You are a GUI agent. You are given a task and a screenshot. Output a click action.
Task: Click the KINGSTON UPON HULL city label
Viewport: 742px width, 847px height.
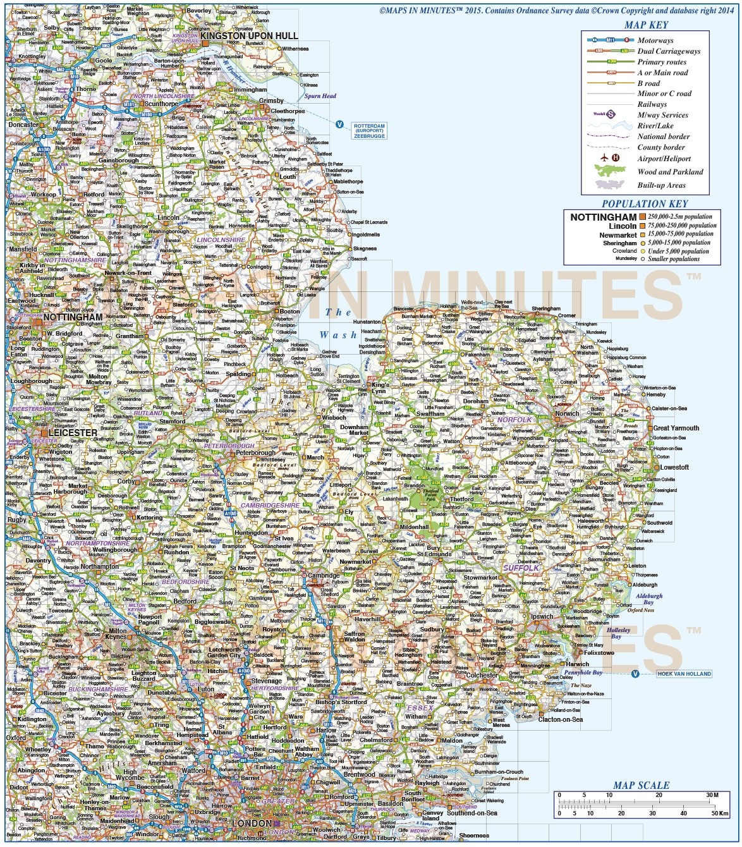click(x=249, y=36)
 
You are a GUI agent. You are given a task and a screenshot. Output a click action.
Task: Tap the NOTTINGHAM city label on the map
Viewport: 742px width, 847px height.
click(x=73, y=317)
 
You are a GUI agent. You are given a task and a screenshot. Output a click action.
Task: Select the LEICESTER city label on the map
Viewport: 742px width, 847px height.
click(x=75, y=433)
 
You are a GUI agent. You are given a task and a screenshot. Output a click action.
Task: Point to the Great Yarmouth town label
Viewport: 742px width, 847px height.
click(x=676, y=428)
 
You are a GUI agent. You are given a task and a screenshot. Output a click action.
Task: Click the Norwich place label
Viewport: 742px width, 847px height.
click(x=567, y=414)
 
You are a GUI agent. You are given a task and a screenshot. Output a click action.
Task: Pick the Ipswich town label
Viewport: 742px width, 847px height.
click(x=542, y=616)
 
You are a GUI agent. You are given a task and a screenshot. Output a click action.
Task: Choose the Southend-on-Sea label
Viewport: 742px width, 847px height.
click(x=472, y=813)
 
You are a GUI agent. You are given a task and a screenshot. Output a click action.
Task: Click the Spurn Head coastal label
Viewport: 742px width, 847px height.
click(x=320, y=96)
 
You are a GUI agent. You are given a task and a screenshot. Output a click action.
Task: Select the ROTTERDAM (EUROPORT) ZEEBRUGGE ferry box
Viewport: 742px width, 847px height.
click(x=369, y=131)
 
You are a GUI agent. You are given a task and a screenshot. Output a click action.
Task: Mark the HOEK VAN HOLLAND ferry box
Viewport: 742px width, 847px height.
click(x=684, y=674)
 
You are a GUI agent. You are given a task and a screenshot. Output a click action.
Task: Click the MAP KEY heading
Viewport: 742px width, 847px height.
click(x=646, y=25)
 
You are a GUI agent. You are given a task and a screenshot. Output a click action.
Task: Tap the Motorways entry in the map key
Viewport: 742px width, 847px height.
click(x=655, y=40)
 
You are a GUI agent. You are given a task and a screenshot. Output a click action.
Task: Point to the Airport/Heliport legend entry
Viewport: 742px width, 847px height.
click(x=664, y=159)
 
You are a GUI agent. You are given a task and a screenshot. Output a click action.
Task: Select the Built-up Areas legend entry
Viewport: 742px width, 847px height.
click(x=661, y=185)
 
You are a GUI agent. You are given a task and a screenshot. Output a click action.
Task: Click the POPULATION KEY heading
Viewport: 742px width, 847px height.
click(x=644, y=204)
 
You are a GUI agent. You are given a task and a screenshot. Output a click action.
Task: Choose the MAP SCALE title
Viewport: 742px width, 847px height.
click(x=641, y=785)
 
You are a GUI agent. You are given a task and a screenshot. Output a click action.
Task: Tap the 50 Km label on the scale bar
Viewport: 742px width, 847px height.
click(x=719, y=813)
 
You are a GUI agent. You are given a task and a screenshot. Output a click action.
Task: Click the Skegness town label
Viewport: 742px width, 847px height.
click(x=365, y=248)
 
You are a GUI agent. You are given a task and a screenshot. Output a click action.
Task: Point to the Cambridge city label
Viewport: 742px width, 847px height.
click(x=324, y=575)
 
